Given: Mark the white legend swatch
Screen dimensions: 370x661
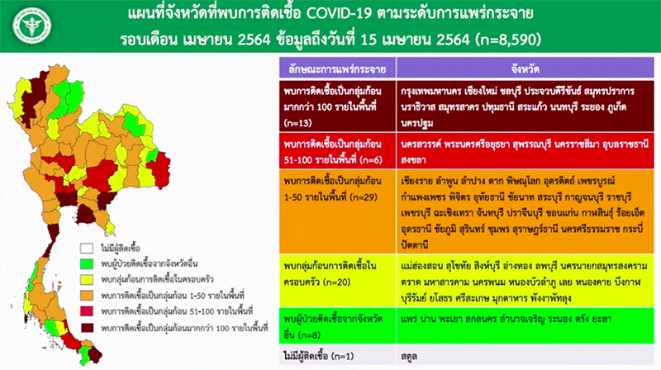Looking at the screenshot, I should [x=87, y=247].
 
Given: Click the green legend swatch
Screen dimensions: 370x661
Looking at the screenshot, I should [x=87, y=263].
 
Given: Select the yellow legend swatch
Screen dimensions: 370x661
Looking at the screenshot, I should [x=87, y=280].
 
